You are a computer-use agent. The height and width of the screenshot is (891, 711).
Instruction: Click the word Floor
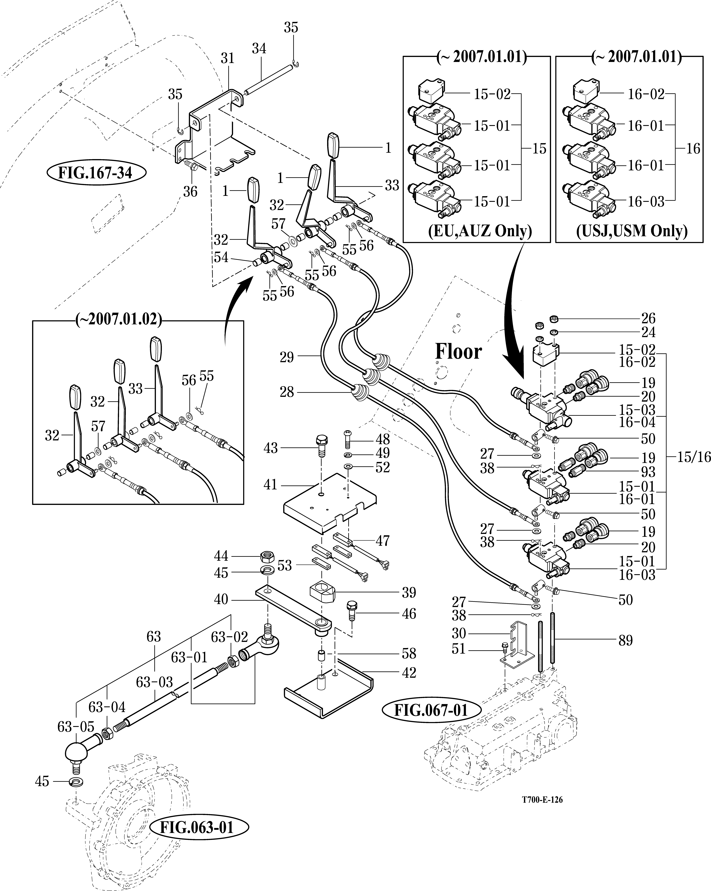(458, 352)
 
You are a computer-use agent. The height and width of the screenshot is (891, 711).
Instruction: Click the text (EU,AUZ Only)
(480, 231)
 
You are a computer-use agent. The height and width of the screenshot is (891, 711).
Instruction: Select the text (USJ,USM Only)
(632, 231)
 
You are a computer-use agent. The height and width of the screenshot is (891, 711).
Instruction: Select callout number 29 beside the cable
(286, 357)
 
